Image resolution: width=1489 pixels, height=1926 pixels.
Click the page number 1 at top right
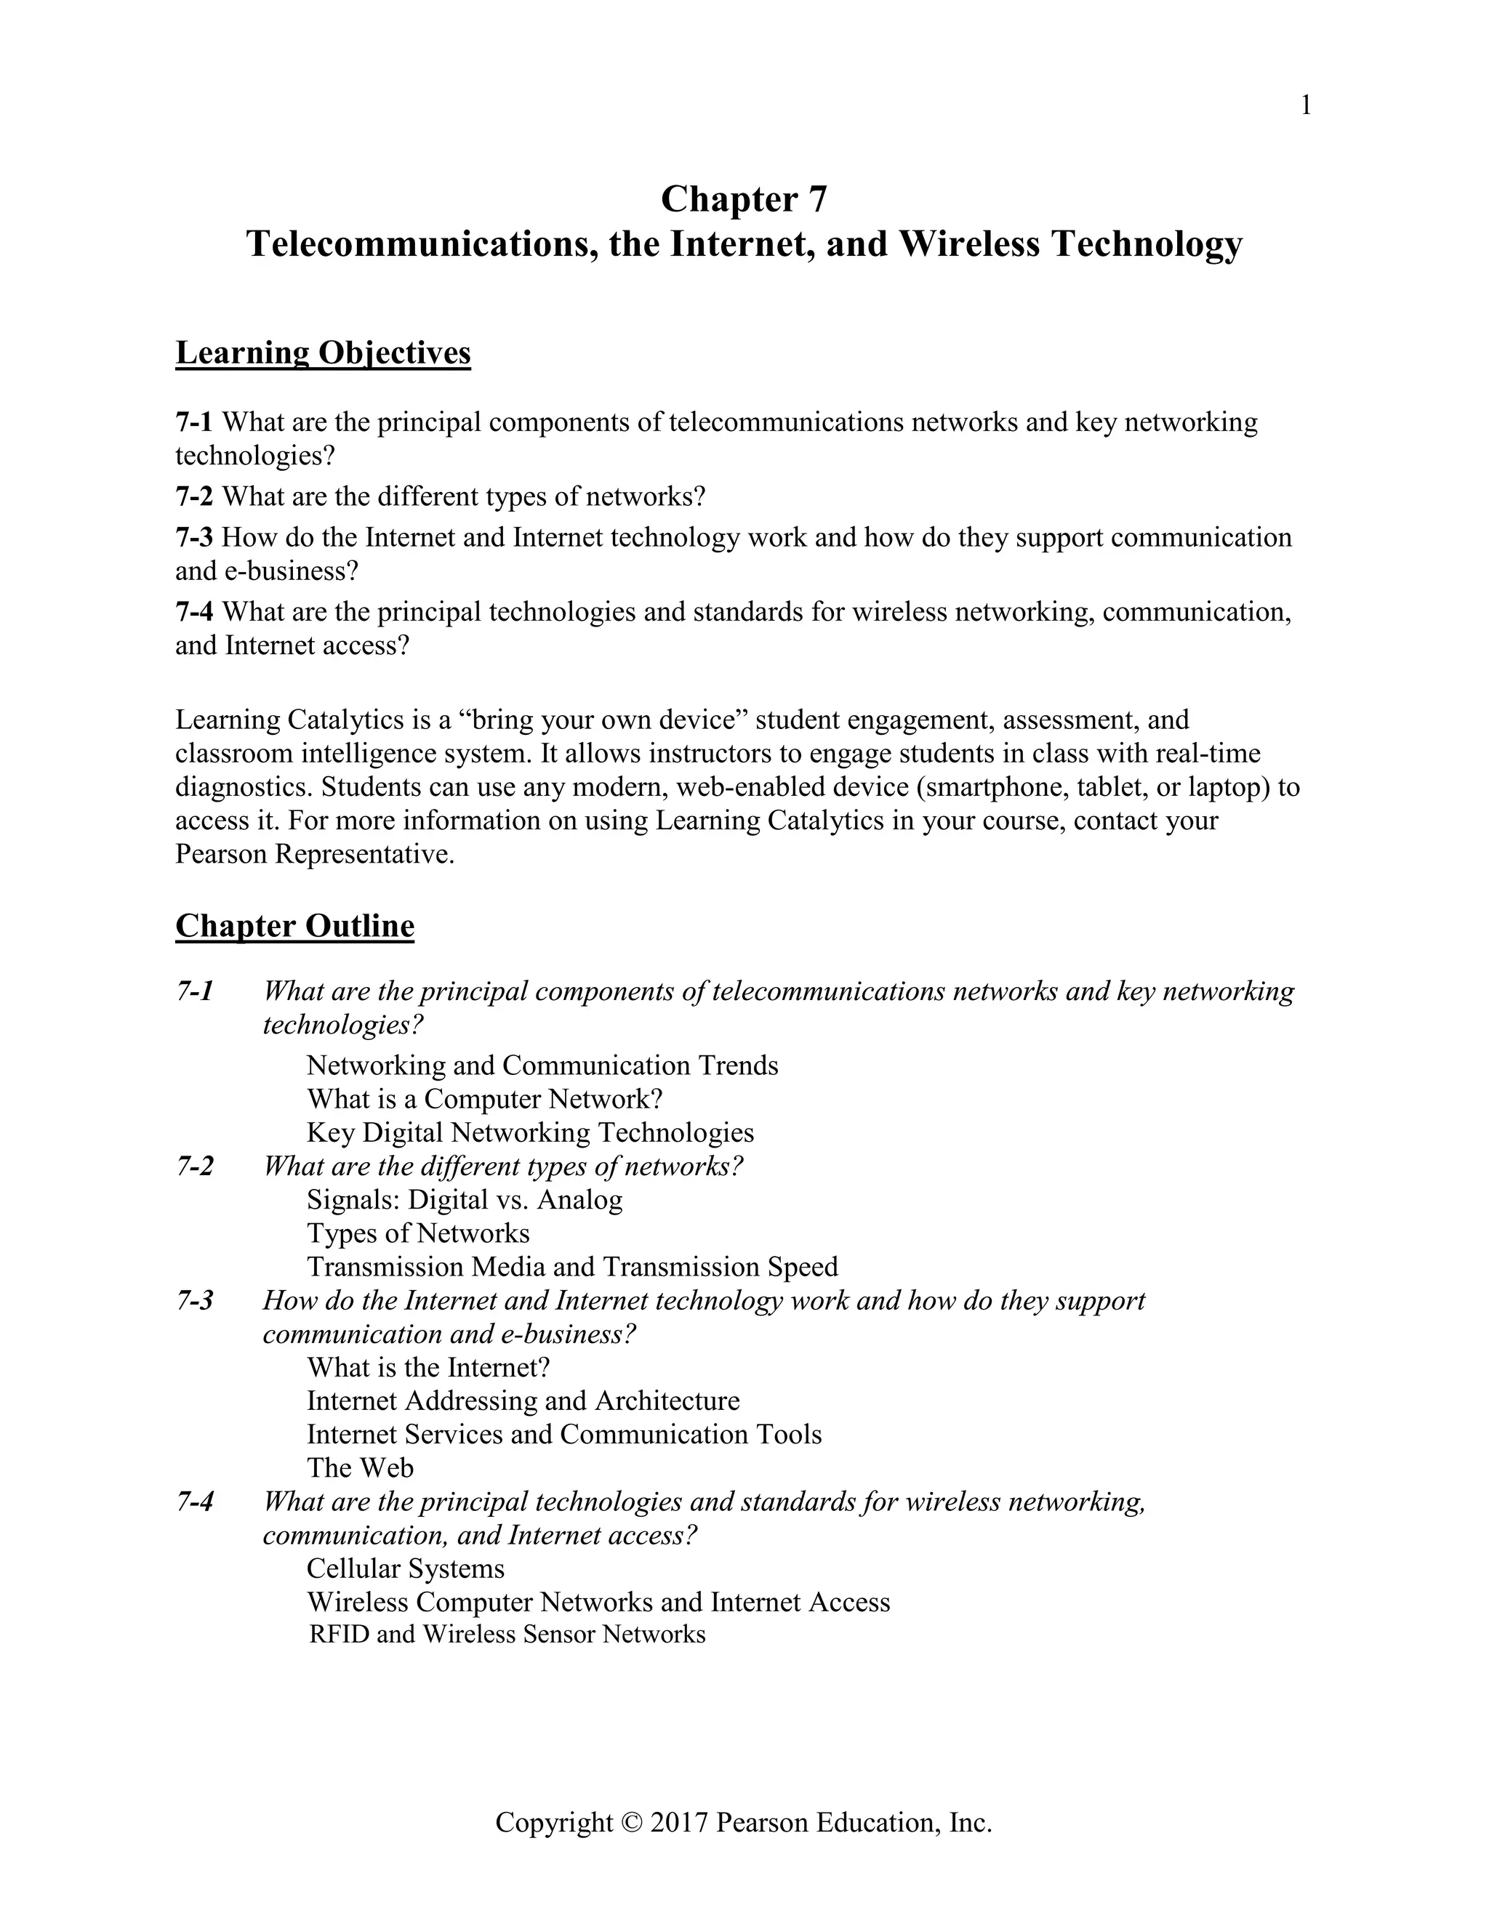click(1307, 107)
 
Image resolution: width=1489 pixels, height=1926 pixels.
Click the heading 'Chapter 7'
click(744, 199)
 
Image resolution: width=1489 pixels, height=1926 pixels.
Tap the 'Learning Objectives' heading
click(323, 352)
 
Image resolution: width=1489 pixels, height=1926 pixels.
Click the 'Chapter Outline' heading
click(294, 926)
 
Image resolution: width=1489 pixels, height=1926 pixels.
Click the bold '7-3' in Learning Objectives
click(194, 537)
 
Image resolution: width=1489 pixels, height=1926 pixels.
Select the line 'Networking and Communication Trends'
click(542, 1065)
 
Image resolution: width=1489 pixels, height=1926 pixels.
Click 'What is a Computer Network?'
click(484, 1099)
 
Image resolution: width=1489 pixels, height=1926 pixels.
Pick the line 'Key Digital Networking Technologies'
click(530, 1132)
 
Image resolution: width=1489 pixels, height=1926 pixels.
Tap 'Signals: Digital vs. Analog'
click(464, 1200)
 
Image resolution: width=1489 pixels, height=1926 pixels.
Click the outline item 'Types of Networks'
click(417, 1234)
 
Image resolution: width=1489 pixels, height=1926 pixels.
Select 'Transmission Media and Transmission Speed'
click(571, 1268)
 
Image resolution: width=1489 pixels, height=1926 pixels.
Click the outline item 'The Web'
click(360, 1468)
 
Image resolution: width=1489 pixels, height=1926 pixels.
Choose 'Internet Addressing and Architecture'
click(523, 1401)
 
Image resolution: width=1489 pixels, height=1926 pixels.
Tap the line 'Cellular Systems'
click(406, 1569)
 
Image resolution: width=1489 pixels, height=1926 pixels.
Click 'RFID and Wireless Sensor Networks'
click(507, 1635)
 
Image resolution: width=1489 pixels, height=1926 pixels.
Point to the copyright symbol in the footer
click(632, 1823)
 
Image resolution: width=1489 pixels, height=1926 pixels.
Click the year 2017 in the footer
click(679, 1823)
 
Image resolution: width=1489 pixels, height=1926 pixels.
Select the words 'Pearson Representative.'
click(315, 855)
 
